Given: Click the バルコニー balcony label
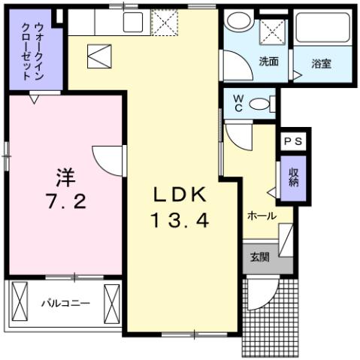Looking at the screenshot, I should point(65,304).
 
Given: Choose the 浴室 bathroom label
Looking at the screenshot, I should point(321,63).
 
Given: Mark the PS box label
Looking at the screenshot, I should point(292,141).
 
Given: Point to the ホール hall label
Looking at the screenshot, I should point(261,216).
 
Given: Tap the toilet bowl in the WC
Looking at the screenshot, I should point(261,104).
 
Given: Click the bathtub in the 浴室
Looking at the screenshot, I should point(322,30).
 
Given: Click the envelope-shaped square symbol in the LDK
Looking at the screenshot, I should point(99,56).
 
